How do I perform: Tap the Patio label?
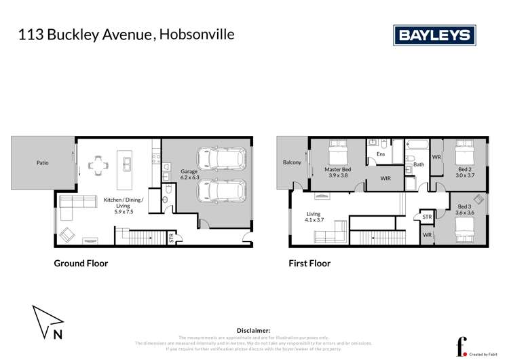42,163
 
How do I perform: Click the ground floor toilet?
167,200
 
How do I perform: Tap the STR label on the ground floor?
171,238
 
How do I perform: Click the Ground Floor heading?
81,264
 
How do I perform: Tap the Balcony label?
292,163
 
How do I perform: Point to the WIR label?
385,179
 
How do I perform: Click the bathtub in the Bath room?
414,145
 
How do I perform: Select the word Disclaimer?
254,329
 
